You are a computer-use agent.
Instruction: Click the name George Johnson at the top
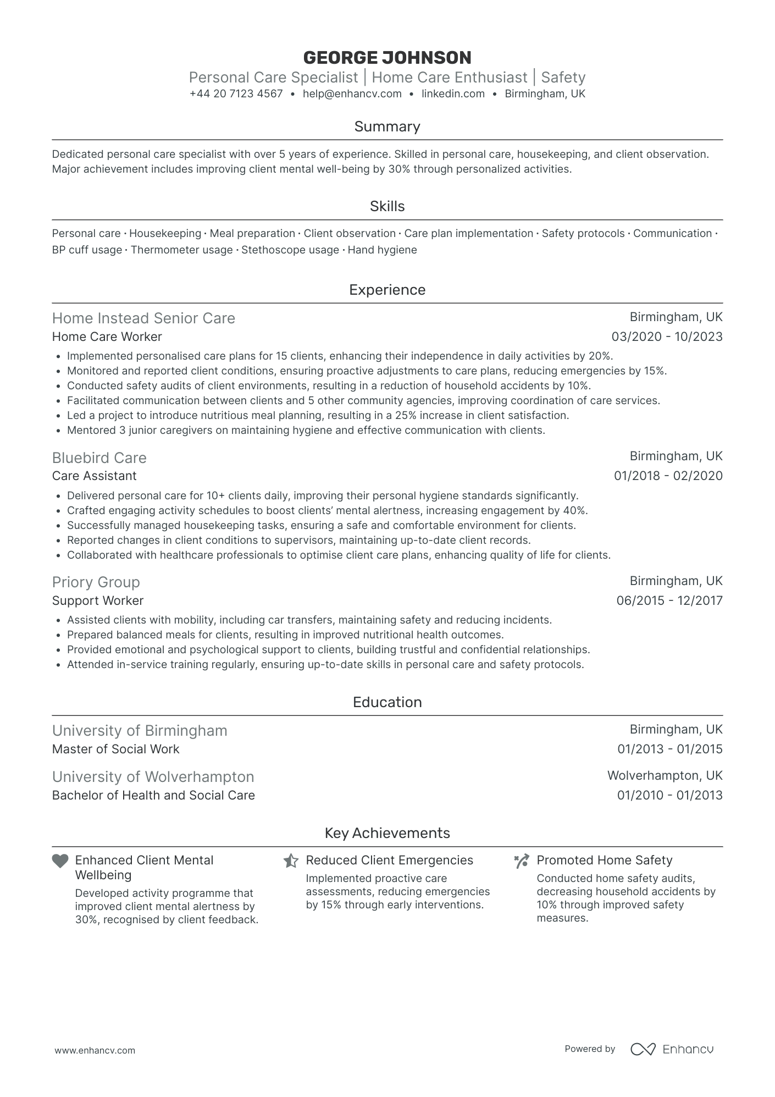tap(387, 58)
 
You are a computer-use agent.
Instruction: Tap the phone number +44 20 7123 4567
tap(236, 94)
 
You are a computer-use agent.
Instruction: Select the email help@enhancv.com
tap(352, 94)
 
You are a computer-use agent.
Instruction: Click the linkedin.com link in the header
tap(453, 94)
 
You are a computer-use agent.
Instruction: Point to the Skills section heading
tap(387, 206)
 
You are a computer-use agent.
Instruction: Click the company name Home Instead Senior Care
tap(143, 318)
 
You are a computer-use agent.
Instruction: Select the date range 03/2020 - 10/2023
tap(667, 337)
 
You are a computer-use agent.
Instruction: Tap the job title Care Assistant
tap(94, 476)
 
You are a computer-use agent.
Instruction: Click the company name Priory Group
tap(96, 582)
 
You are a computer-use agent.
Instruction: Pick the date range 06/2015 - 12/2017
tap(669, 600)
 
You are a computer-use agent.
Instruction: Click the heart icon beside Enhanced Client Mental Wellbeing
tap(60, 861)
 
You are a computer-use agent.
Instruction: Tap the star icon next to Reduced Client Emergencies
tap(291, 861)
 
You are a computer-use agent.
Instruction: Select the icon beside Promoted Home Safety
tap(522, 861)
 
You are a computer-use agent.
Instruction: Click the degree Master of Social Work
tap(115, 749)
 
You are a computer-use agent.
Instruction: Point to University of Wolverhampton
tap(153, 776)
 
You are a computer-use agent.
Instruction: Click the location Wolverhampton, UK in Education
tap(665, 775)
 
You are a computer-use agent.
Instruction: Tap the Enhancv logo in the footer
tap(672, 1049)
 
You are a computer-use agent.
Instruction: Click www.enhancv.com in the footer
tap(95, 1050)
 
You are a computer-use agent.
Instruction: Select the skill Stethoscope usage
tap(290, 250)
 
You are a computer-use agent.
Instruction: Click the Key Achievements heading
tap(387, 833)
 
